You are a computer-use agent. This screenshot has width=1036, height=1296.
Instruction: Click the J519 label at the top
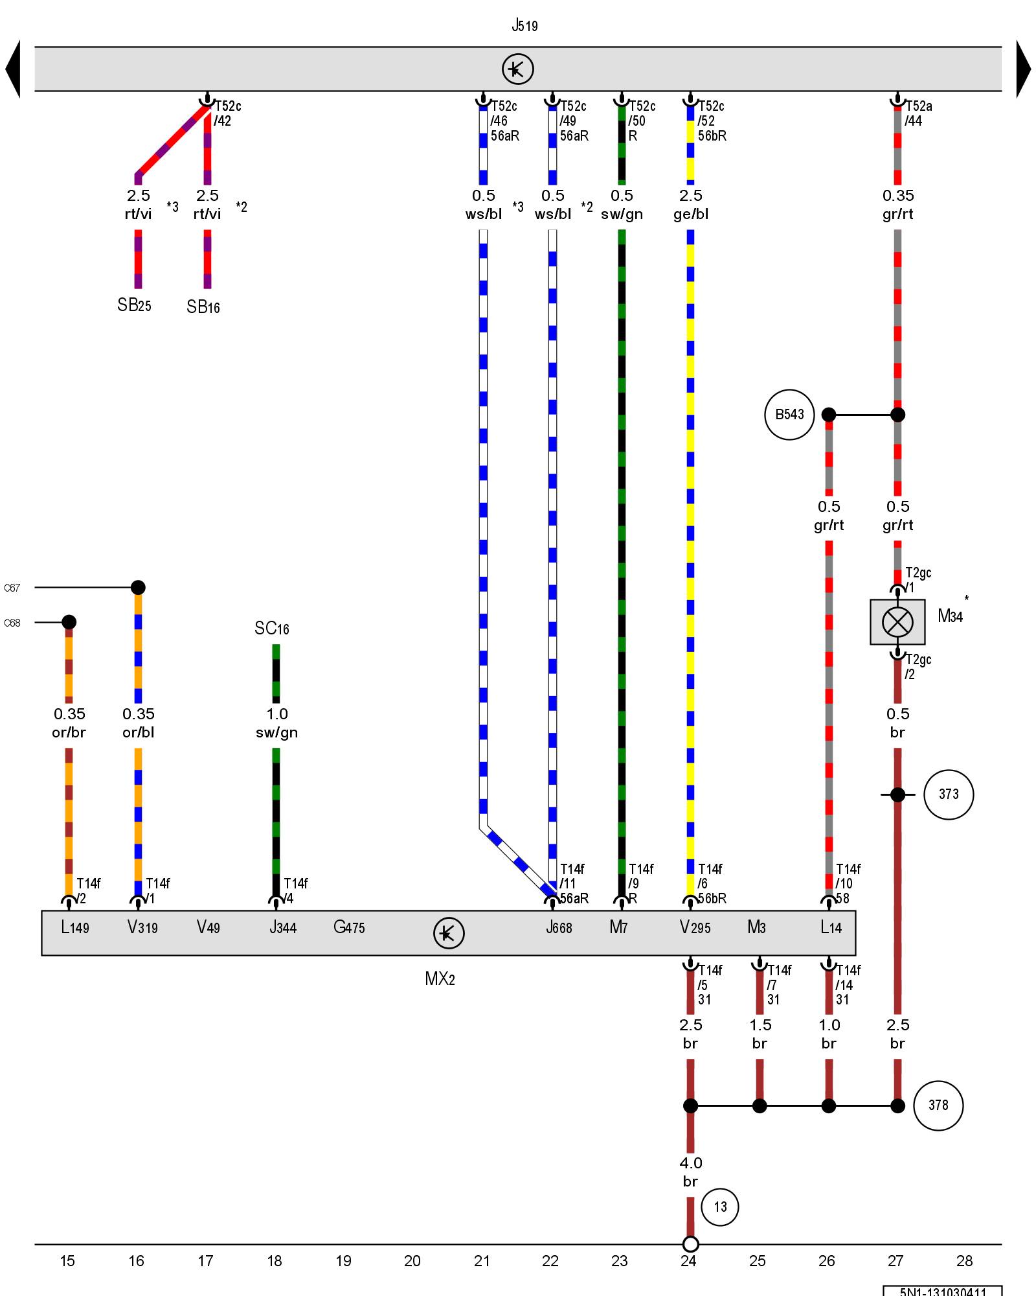(524, 26)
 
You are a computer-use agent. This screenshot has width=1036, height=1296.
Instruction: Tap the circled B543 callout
(789, 415)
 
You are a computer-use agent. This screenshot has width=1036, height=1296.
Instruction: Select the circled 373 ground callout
(949, 794)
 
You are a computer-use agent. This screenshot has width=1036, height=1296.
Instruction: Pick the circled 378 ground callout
(938, 1105)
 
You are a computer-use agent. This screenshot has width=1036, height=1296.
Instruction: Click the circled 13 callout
(720, 1207)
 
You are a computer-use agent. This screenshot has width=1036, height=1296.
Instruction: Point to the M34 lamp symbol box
(897, 622)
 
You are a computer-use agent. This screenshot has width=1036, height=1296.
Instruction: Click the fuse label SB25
(134, 305)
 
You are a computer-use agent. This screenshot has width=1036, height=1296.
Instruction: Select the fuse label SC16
(271, 629)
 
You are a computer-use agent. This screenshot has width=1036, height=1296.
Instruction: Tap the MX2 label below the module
(440, 979)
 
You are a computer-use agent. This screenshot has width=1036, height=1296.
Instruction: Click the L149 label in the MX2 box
(74, 927)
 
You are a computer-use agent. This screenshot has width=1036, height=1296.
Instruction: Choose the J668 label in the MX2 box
(559, 927)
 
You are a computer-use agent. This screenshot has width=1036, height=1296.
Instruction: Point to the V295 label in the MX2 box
(695, 927)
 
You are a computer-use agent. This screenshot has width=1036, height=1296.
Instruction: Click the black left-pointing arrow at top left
(13, 69)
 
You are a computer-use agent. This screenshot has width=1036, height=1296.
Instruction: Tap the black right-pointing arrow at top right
(1023, 69)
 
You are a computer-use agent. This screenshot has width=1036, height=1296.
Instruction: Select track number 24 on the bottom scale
(688, 1261)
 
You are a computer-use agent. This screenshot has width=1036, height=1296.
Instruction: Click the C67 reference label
(12, 588)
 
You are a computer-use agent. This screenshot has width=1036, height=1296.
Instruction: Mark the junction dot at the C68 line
(69, 622)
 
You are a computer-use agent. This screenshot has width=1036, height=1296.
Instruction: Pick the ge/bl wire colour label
(691, 214)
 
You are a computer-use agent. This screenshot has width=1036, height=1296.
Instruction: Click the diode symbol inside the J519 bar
(517, 69)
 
